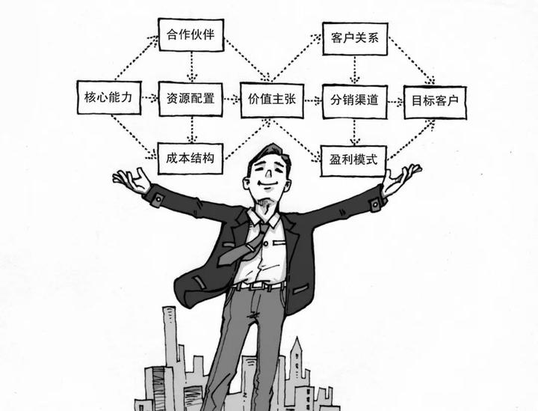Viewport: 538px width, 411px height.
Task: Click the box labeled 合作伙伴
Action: click(191, 34)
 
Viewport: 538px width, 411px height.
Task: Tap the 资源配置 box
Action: click(191, 98)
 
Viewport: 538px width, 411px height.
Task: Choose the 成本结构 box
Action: click(191, 159)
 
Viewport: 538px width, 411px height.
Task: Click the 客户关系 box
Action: click(354, 38)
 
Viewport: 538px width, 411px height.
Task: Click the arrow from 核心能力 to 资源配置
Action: click(149, 98)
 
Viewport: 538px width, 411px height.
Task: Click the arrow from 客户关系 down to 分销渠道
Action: click(355, 70)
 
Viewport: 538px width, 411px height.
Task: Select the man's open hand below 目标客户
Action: click(401, 177)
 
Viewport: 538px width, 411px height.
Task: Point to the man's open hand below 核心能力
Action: click(133, 180)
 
